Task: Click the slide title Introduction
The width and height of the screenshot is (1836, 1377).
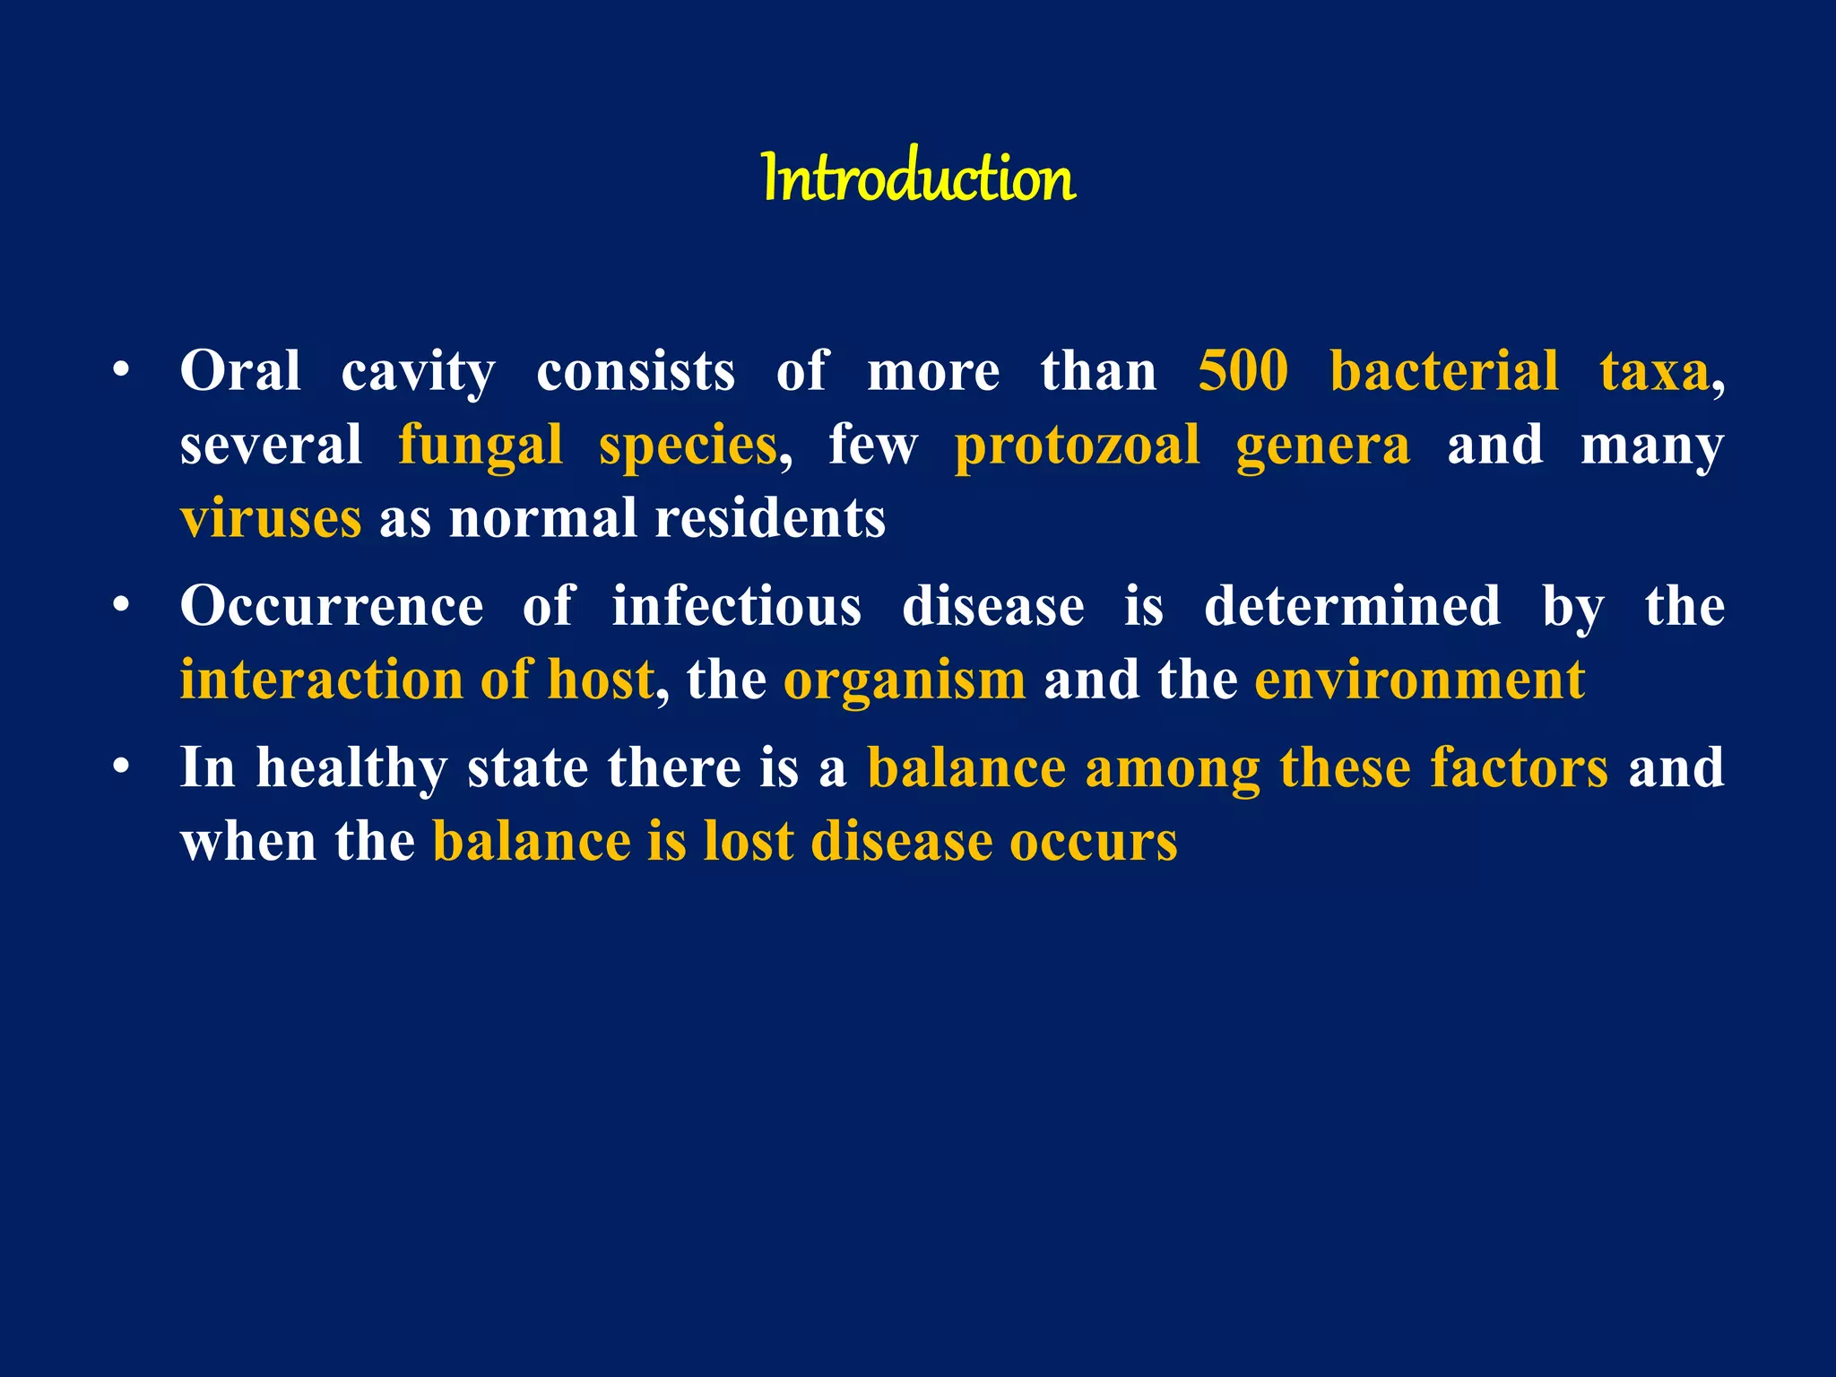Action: (x=918, y=178)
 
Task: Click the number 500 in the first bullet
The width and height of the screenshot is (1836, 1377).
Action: (x=1243, y=371)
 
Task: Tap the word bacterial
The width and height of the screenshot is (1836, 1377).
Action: (x=1443, y=371)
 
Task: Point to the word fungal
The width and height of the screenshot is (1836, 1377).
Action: (x=481, y=446)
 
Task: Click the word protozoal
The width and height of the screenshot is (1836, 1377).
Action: (x=1077, y=446)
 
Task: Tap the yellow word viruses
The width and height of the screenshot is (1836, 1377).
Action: (x=271, y=519)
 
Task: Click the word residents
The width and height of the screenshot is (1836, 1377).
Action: (x=770, y=519)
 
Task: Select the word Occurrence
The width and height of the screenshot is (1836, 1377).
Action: (x=332, y=606)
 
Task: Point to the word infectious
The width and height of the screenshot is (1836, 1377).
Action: (x=736, y=606)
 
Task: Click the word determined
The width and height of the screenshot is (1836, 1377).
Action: (x=1352, y=606)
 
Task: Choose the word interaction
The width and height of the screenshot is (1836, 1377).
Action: (x=321, y=680)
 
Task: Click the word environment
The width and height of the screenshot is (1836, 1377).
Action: (x=1419, y=680)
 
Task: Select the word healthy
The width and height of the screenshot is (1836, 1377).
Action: (x=351, y=769)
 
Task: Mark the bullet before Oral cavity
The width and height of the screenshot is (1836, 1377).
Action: (x=122, y=370)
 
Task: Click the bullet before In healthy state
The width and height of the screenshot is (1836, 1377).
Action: (x=122, y=767)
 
